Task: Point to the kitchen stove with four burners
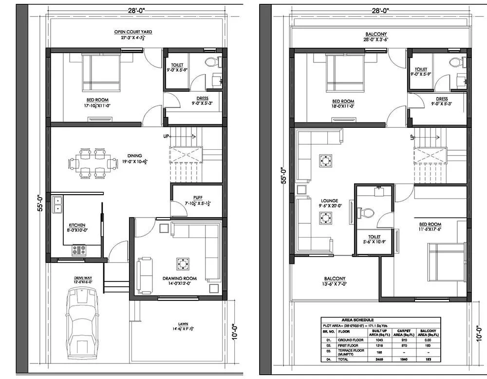click(x=79, y=250)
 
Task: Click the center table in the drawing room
click(x=182, y=264)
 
